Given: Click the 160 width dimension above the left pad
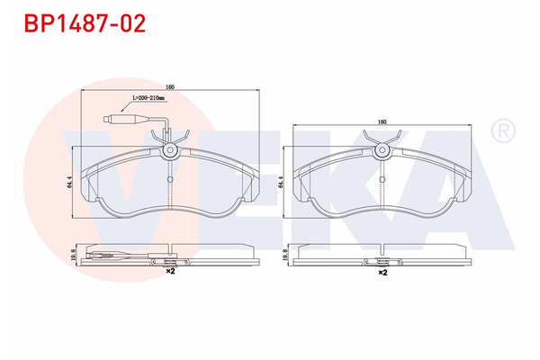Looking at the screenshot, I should [x=169, y=86].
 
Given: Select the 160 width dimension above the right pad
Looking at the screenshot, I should [x=382, y=121].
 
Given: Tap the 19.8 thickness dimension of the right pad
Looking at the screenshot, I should [x=285, y=256].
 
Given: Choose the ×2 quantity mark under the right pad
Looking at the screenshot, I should [x=382, y=271].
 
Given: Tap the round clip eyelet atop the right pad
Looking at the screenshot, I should [x=382, y=152].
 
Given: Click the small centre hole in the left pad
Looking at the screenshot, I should [x=169, y=177].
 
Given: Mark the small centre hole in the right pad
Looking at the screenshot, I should [x=382, y=177].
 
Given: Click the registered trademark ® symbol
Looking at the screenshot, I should [x=500, y=132].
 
